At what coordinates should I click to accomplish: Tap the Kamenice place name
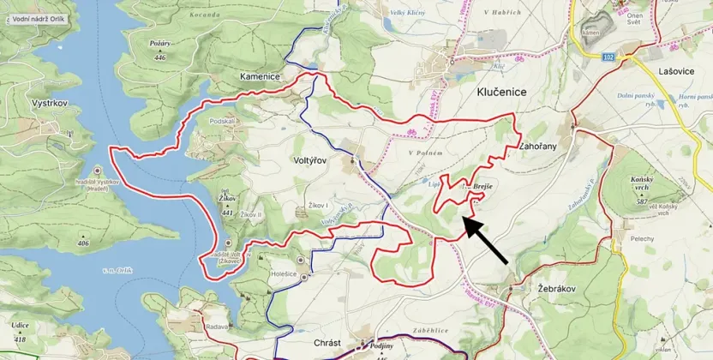click(260, 77)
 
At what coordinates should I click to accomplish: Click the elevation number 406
click(83, 243)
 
